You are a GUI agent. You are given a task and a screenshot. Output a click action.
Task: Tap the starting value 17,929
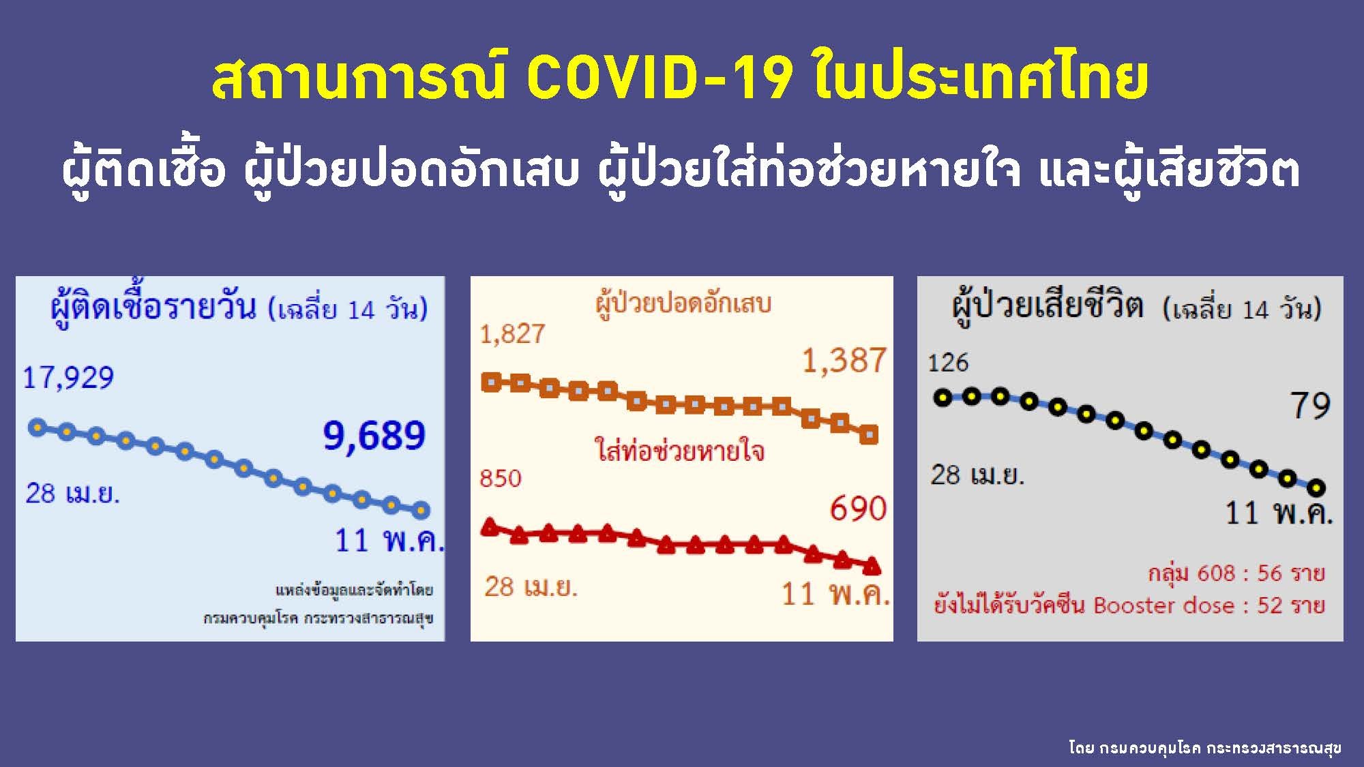coord(68,378)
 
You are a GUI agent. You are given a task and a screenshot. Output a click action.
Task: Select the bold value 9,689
coord(374,436)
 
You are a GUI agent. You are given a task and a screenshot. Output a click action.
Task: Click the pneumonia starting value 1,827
coord(512,334)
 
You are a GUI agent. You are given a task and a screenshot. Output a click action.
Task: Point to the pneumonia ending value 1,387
coord(844,360)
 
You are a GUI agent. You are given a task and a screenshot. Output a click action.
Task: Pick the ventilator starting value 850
coord(501,479)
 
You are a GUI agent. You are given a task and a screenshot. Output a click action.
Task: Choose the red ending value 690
coord(858,509)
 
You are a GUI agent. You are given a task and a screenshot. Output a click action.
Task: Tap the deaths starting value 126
coord(948,363)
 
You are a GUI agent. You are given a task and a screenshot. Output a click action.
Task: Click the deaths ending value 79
coord(1310,406)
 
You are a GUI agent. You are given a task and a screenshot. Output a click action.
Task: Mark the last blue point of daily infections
coord(421,509)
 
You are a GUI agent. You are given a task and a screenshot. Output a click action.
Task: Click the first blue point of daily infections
coord(38,427)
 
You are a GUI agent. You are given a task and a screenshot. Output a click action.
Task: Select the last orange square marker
coord(869,434)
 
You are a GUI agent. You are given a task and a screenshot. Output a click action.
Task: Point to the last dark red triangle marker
coord(872,566)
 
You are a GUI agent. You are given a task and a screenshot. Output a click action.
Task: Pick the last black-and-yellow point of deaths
coord(1316,487)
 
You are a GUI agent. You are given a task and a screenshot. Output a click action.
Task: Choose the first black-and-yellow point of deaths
coord(943,397)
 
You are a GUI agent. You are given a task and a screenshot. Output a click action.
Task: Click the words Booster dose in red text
coord(1163,605)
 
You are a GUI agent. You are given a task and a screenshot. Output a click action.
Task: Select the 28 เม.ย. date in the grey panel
coord(977,475)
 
